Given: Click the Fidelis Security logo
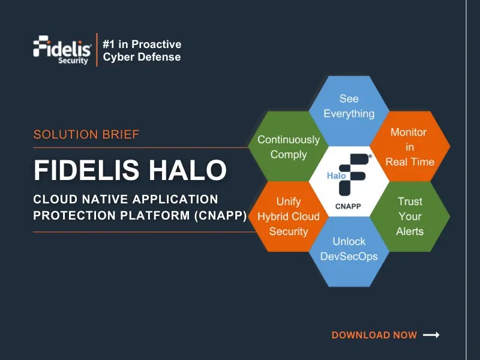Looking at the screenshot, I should coord(62,50).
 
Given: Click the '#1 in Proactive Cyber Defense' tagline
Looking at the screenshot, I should coord(142,50).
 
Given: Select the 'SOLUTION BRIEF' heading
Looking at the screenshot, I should coord(86,134).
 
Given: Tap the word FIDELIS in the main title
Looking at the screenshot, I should coord(84,170).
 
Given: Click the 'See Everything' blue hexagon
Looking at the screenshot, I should coord(349,106).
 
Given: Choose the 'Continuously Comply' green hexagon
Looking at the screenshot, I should coord(289,147).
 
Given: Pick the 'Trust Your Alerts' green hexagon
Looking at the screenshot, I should coord(410,216).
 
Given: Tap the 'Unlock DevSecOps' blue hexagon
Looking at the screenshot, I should coord(349,249).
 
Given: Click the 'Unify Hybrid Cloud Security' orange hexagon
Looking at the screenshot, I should coord(289,216).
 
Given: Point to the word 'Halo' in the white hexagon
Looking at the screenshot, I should coord(336,176).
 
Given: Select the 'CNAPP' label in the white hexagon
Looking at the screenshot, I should coord(349,206).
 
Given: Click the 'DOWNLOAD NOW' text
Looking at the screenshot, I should coord(374,335).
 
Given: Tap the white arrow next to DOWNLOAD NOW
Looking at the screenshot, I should coord(431,335).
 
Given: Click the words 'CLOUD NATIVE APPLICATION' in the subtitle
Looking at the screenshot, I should coord(126,199).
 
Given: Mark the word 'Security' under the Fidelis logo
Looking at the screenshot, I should coord(73,61).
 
